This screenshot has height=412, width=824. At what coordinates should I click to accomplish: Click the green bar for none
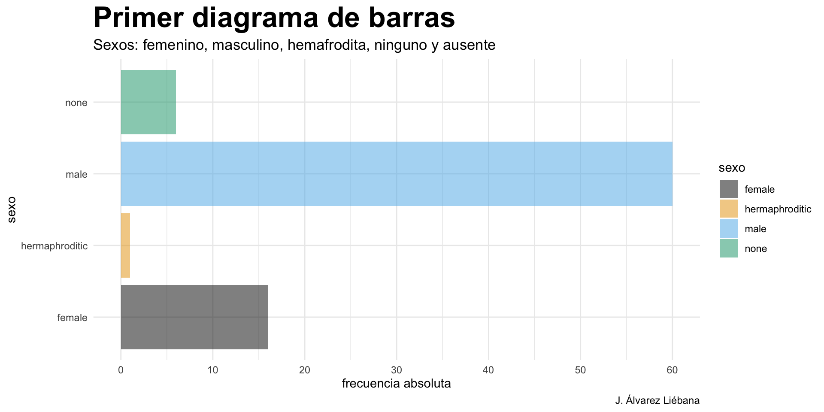click(x=148, y=102)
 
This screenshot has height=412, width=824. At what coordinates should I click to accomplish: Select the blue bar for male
click(x=396, y=174)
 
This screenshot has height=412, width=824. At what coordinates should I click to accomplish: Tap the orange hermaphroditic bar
click(x=125, y=245)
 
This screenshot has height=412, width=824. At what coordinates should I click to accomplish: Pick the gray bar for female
click(x=194, y=317)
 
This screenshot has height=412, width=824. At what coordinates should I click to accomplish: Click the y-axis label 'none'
click(x=76, y=103)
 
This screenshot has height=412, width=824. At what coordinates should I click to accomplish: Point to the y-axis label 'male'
click(x=76, y=174)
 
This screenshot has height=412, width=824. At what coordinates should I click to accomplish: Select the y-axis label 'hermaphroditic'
click(x=54, y=246)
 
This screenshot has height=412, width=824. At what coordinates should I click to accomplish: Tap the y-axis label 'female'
click(x=72, y=318)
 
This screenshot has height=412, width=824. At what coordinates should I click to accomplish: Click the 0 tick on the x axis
click(x=121, y=370)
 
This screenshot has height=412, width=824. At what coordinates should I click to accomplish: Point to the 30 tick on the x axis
click(x=396, y=370)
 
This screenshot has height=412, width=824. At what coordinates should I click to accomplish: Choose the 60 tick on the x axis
click(x=672, y=370)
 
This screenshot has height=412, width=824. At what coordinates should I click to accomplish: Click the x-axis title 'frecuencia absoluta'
click(x=396, y=383)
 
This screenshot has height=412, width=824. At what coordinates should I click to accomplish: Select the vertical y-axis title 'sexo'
click(x=12, y=209)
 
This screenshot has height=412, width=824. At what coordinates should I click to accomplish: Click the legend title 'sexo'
click(x=732, y=168)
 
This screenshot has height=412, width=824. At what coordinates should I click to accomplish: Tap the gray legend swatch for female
click(x=728, y=189)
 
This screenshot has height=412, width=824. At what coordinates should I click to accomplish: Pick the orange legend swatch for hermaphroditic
click(x=728, y=209)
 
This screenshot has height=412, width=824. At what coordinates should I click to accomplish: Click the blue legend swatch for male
click(x=728, y=228)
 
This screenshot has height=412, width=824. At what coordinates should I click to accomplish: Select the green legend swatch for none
click(x=728, y=248)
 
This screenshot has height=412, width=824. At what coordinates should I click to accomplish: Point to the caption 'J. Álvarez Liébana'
click(x=657, y=400)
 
